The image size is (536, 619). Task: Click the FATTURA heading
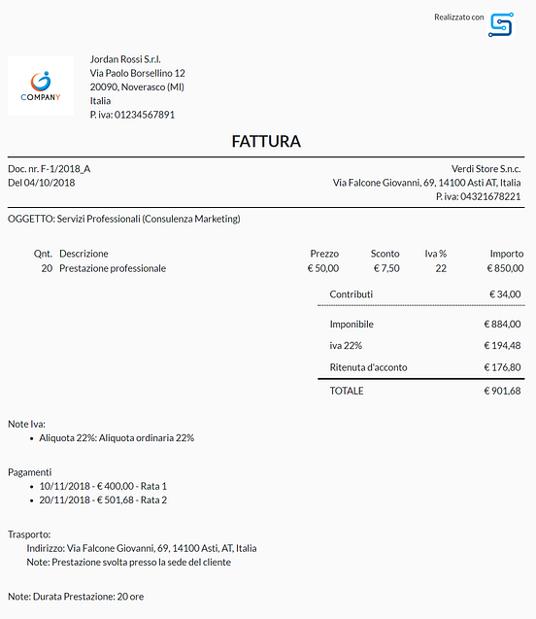pos(266,142)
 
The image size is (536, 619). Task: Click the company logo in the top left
pos(41,86)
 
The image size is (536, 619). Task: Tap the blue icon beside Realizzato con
pos(501,25)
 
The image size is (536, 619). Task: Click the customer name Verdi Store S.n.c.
pos(486,169)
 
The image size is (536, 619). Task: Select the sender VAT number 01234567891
pos(145,115)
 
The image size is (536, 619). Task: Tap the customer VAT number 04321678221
pos(490,196)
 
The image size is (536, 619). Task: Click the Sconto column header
pos(385,254)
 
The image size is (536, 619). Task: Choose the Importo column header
pos(506,254)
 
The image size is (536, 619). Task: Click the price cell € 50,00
pos(323,268)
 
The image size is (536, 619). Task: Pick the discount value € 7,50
pos(385,268)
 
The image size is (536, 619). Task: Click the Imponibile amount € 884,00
pos(502,325)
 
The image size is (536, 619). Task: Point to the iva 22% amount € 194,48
pos(502,345)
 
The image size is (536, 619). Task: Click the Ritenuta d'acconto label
pos(368,367)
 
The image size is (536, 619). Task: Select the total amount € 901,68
pos(502,391)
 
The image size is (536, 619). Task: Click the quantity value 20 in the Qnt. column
pos(47,268)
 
